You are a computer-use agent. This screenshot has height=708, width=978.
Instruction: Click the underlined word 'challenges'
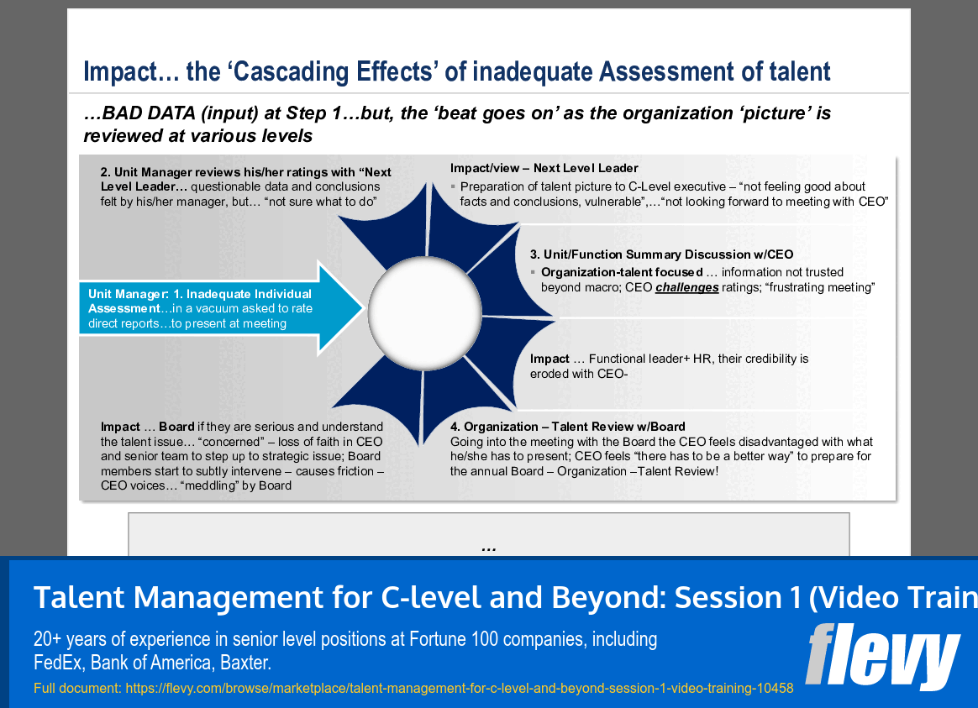[x=686, y=287]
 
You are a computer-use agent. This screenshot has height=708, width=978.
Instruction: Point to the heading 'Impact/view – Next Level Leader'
[x=544, y=168]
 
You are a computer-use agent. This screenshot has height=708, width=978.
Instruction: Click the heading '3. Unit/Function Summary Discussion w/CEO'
[x=661, y=254]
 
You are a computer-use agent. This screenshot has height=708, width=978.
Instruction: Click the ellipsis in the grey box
[x=488, y=547]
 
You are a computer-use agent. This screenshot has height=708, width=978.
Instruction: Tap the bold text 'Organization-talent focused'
[x=622, y=272]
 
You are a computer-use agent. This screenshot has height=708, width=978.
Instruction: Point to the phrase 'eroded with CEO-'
[x=579, y=373]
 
